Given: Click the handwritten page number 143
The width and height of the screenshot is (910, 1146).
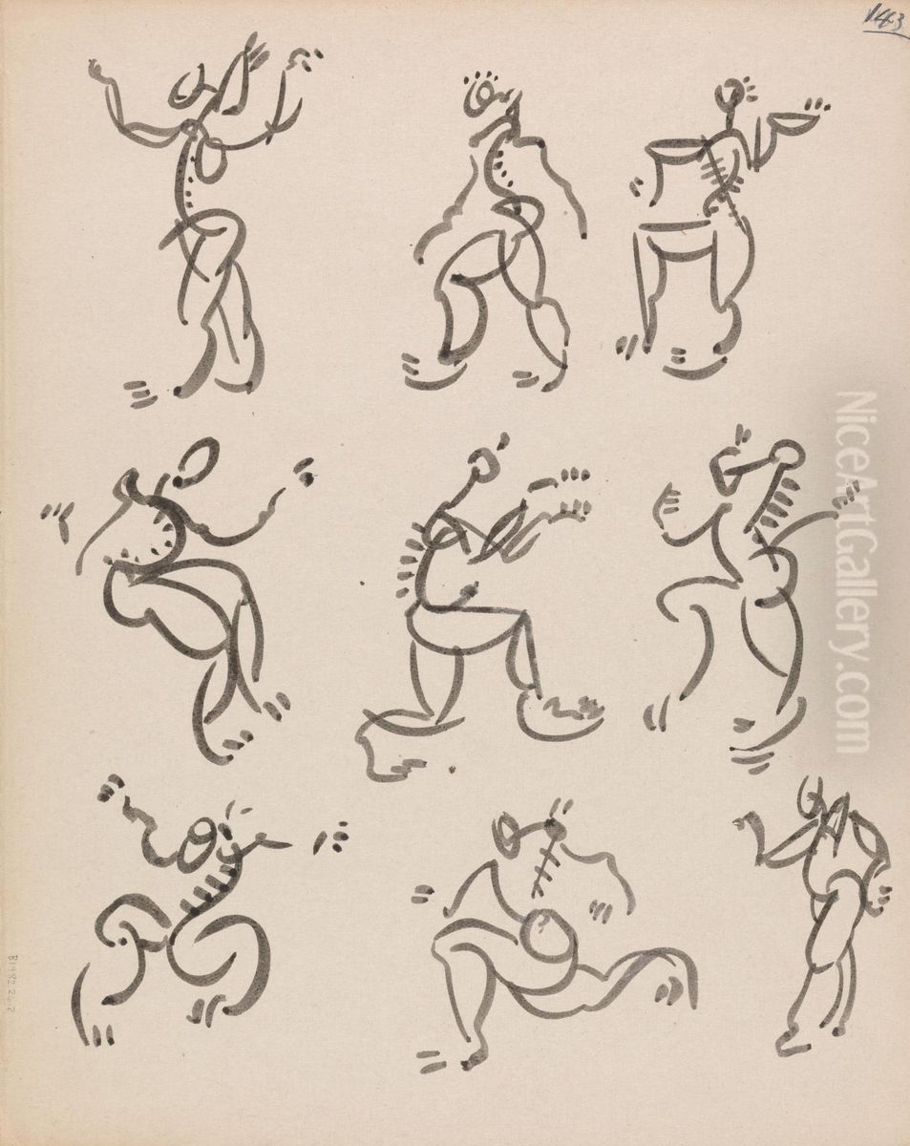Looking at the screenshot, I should pos(884,18).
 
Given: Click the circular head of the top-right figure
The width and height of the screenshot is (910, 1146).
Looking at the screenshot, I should pos(730,94).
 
